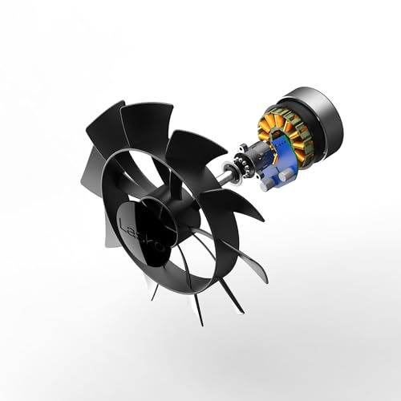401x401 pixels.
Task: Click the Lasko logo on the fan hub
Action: tap(142, 235)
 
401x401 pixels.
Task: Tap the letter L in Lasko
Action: tap(124, 225)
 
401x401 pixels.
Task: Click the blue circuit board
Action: tap(278, 163)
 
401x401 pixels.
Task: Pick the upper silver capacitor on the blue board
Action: tap(286, 175)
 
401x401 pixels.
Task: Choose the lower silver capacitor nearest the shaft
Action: tap(267, 185)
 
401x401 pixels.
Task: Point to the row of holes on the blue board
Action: tap(278, 144)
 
